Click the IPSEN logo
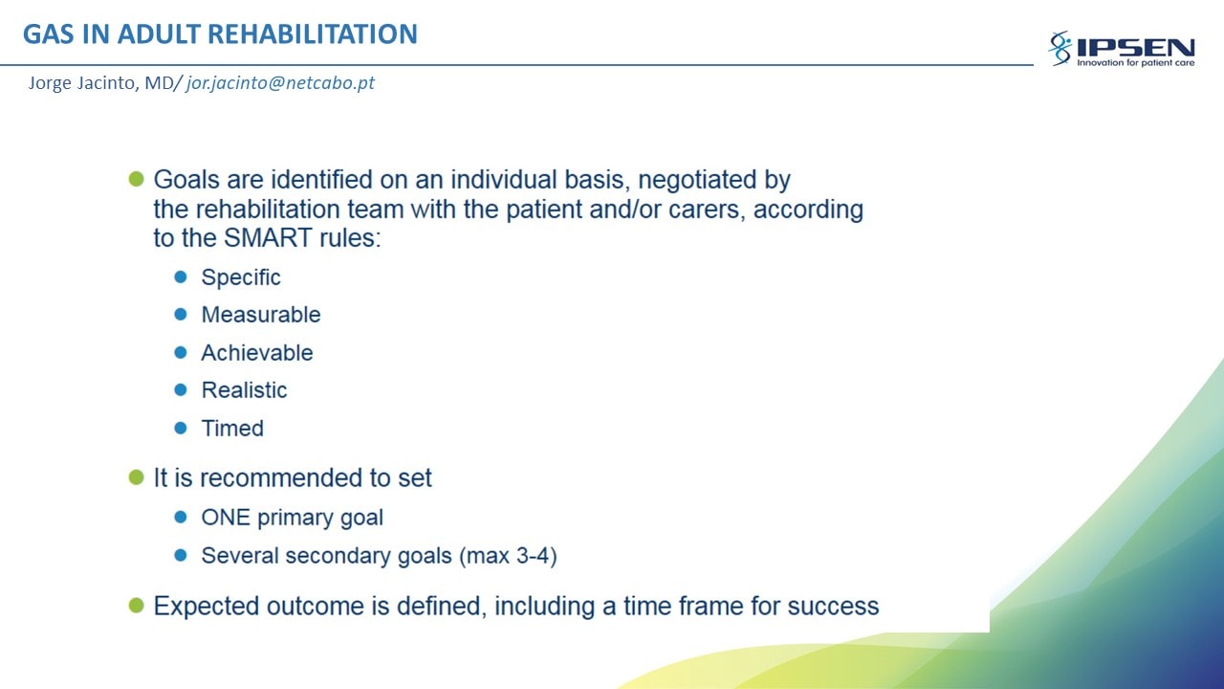point(1122,49)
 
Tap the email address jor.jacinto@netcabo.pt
point(280,83)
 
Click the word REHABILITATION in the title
point(313,33)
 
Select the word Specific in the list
point(241,278)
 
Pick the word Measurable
point(261,315)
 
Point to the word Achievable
point(257,353)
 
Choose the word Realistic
point(244,390)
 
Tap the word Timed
point(232,428)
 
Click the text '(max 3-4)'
point(508,556)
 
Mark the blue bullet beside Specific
point(181,277)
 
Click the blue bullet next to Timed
point(181,428)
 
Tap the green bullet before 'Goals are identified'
point(136,179)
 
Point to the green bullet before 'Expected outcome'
point(136,606)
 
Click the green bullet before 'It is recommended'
point(136,478)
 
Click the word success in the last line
point(833,607)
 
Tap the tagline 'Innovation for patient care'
point(1135,63)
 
